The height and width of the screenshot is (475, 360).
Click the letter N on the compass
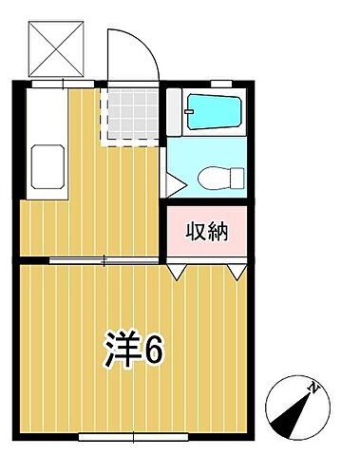pos(313,387)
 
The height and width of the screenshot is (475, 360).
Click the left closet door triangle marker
pos(177,271)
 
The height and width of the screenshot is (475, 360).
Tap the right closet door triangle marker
pos(237,271)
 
